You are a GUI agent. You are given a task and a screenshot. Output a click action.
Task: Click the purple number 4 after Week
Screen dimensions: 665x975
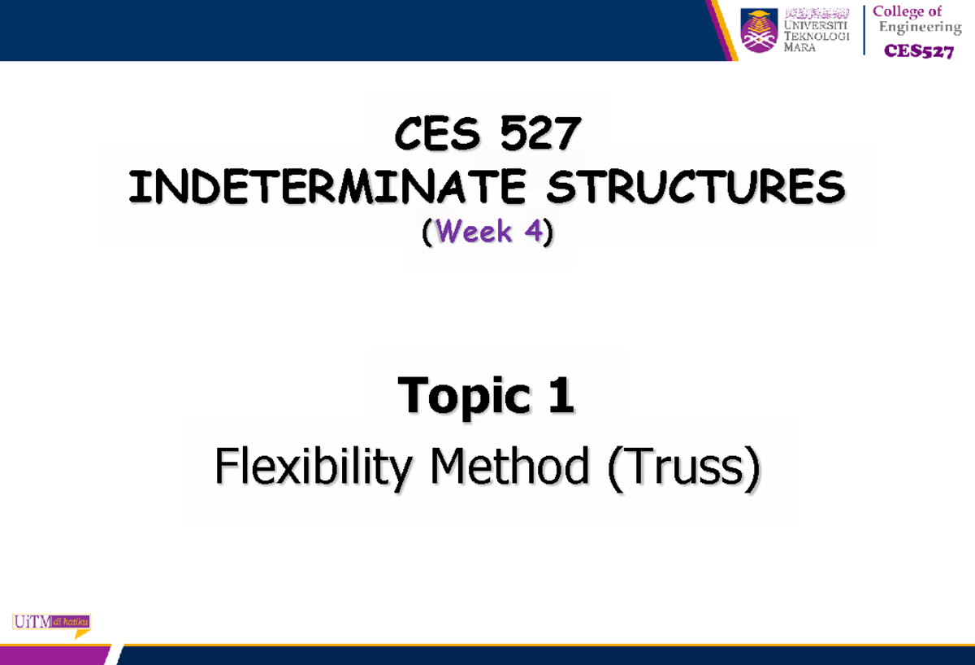pyautogui.click(x=533, y=233)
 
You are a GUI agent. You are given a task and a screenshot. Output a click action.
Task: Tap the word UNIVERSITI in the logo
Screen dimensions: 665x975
pyautogui.click(x=818, y=26)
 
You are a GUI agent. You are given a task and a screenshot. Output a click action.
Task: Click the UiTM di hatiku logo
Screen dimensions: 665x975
pyautogui.click(x=51, y=623)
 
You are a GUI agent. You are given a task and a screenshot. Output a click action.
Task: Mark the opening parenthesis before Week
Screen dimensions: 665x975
pyautogui.click(x=428, y=233)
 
